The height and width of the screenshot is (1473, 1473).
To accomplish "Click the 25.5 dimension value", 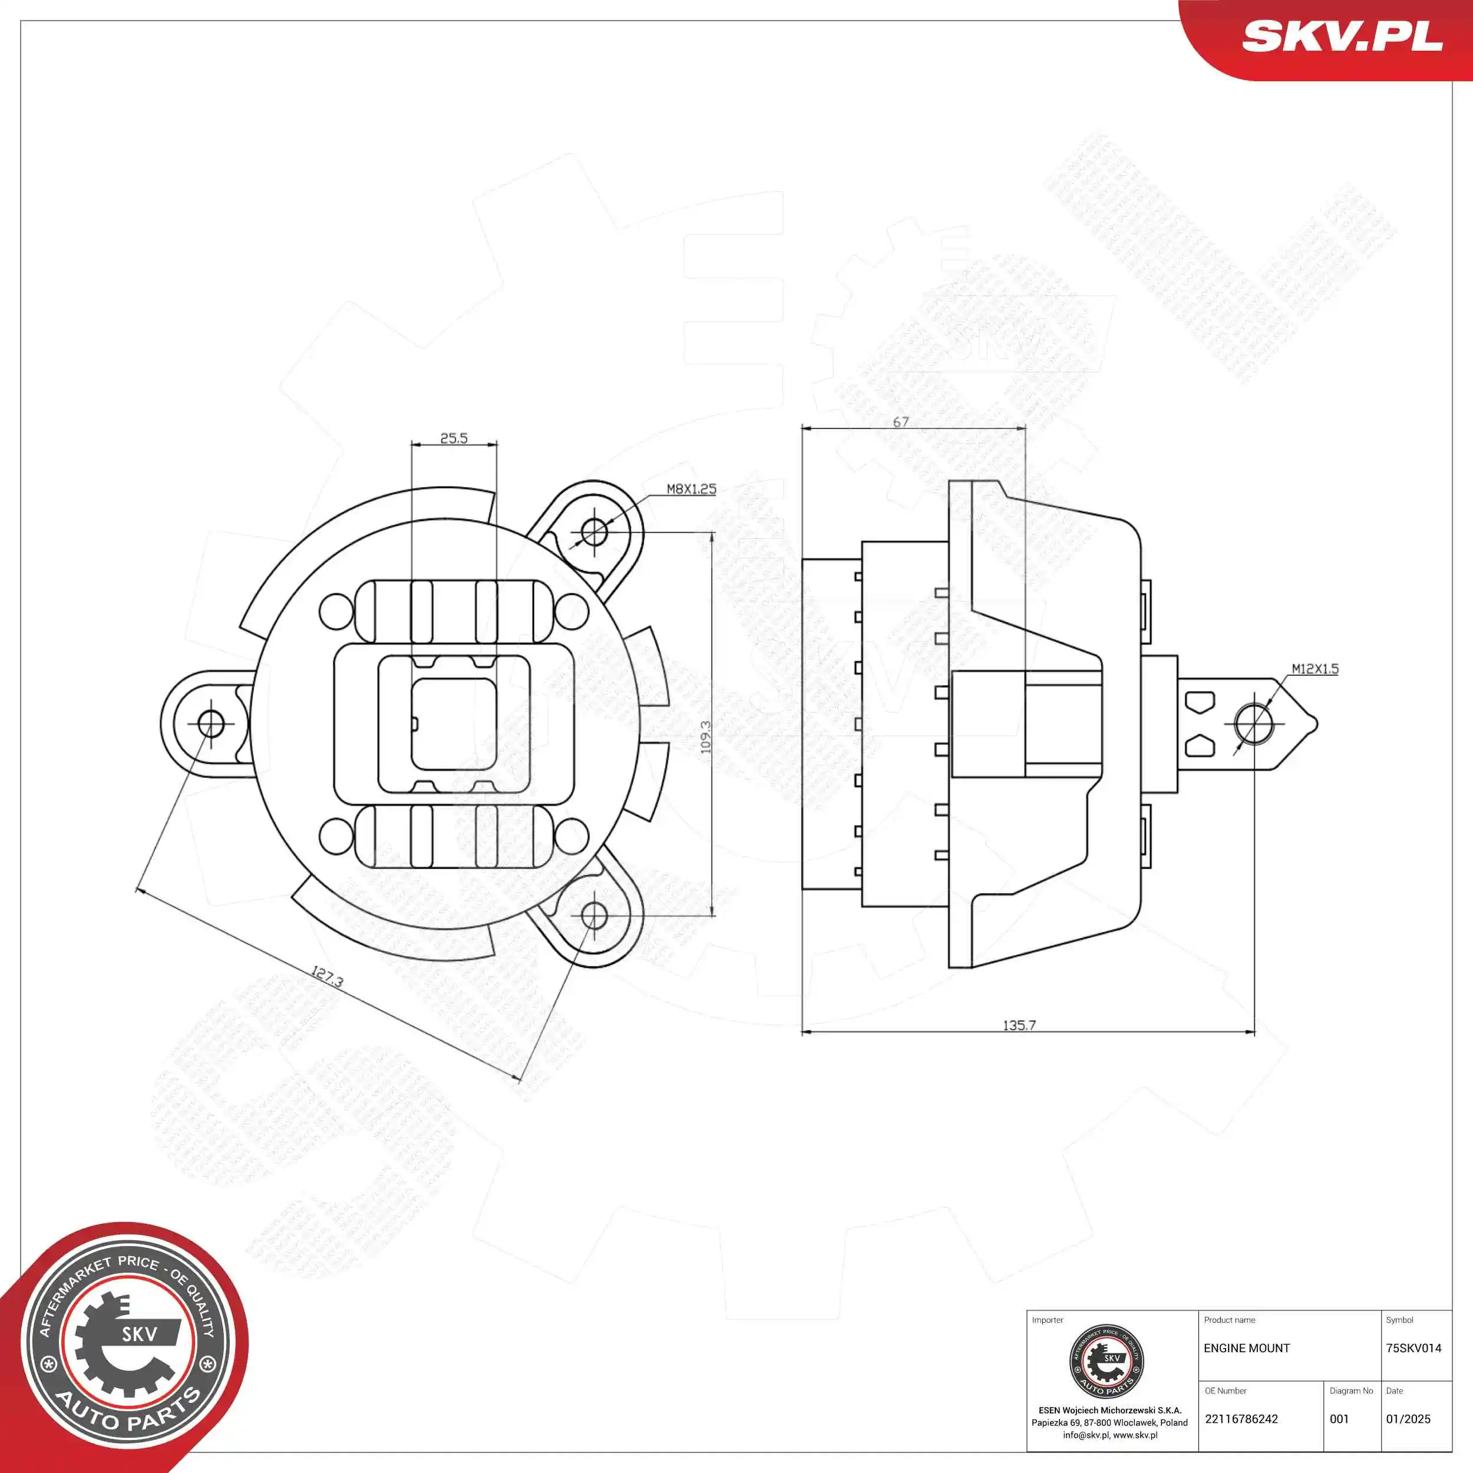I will point(454,438).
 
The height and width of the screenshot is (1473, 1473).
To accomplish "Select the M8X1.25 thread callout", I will point(692,488).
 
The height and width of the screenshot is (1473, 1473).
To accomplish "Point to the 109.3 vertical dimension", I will point(705,737).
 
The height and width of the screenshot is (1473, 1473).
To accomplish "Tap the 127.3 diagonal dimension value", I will point(327,977).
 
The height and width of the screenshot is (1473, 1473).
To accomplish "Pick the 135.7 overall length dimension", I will point(1019,1025).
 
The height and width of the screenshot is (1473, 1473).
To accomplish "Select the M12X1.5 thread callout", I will point(1315,669).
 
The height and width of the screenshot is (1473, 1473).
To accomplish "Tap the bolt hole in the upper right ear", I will point(594,531).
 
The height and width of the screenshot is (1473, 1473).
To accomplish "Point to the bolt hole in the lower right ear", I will point(594,915).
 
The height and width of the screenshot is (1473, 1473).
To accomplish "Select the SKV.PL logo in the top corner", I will point(1342,37).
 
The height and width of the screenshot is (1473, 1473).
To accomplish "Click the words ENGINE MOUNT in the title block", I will point(1247,1348).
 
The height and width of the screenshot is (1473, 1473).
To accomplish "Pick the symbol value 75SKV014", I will point(1413,1348).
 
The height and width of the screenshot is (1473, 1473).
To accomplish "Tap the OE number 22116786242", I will point(1241,1419).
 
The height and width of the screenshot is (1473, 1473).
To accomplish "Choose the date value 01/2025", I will point(1408,1419).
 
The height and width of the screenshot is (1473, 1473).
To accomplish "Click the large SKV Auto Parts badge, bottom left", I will point(126,1346).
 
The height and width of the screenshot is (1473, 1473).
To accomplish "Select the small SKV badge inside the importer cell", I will point(1107,1362).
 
